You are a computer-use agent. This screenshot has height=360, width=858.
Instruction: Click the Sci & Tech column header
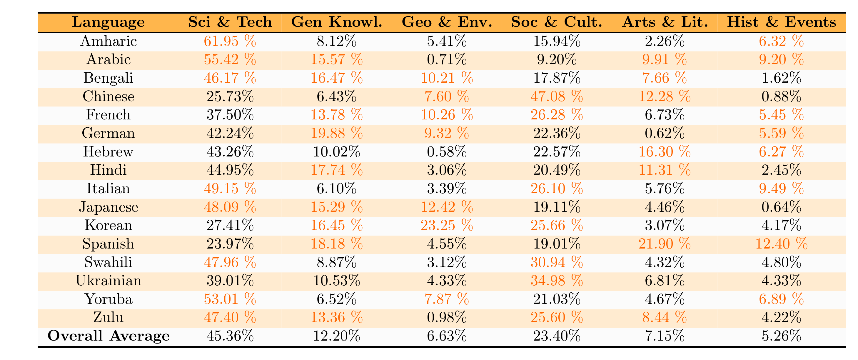coord(230,22)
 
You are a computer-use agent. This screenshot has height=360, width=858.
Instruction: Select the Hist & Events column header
coord(781,22)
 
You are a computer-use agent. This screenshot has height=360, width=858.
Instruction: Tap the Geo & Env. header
coord(447,22)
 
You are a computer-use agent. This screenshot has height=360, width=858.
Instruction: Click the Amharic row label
coord(108,41)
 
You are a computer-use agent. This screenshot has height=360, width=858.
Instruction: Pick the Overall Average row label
coord(108,336)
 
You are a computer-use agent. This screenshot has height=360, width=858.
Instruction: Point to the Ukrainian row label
coord(108,280)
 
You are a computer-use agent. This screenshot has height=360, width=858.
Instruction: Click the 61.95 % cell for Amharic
coord(230,41)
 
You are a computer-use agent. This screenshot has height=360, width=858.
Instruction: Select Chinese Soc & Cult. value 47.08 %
coord(557,96)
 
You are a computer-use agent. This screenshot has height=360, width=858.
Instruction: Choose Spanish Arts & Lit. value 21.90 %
coord(665,244)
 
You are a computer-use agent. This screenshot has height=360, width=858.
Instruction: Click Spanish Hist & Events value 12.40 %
coord(781,244)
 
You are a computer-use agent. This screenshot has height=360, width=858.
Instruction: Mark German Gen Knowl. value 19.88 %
coord(336,133)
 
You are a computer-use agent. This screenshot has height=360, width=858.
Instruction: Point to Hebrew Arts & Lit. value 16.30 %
coord(665,152)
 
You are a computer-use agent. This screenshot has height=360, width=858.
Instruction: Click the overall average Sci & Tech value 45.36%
coord(230,336)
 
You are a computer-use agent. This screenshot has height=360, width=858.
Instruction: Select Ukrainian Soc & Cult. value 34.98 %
coord(557,280)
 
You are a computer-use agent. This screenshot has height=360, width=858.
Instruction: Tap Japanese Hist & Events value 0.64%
coord(781,207)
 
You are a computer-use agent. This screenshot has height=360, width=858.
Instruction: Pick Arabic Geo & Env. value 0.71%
coord(447,60)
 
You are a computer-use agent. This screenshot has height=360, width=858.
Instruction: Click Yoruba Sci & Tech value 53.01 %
coord(230,299)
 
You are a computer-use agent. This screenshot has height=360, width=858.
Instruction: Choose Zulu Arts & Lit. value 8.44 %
coord(665,317)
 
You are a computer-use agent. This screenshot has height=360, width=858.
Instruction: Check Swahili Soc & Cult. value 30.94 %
coord(557,262)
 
